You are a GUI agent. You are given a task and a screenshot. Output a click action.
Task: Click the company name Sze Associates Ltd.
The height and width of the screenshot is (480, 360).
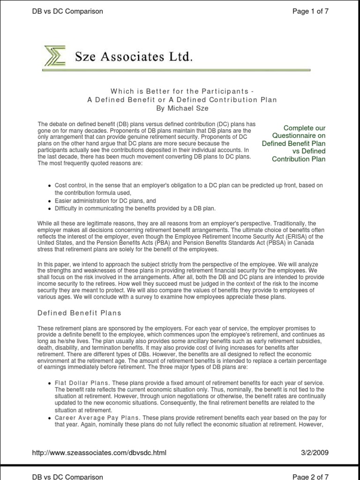(134, 57)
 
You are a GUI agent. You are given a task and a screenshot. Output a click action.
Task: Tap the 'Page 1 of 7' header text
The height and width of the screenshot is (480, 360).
(310, 11)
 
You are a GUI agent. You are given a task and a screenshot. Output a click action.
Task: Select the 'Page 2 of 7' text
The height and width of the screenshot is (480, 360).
(310, 476)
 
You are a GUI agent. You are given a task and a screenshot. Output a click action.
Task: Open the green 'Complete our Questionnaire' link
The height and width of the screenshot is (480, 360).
(294, 143)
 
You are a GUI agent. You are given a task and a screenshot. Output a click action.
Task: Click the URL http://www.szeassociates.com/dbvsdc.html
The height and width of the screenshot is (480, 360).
(99, 452)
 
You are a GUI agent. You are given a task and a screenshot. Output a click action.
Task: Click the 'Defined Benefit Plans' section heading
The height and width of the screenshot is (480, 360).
(79, 313)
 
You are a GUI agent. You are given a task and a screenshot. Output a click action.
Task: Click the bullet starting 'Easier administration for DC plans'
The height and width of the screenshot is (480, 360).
(100, 201)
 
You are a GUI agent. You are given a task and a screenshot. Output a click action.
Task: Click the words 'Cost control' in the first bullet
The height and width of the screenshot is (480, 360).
(70, 186)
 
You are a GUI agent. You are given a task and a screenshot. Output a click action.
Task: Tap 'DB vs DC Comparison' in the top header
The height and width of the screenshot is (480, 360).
(67, 11)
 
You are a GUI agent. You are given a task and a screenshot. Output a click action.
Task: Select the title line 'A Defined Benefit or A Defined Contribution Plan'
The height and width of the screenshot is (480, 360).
(182, 100)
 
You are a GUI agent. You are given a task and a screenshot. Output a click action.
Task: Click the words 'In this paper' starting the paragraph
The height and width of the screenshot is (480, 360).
(53, 264)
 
